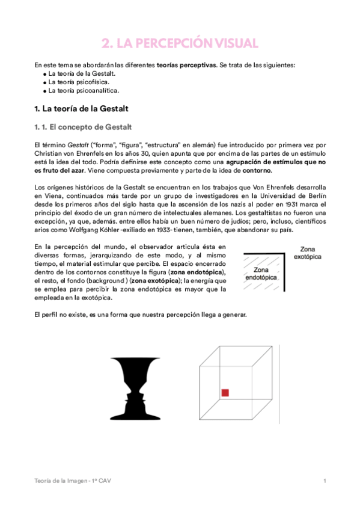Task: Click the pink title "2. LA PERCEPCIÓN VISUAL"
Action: point(180,43)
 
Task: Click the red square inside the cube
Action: point(225,393)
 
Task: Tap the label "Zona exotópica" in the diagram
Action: point(308,253)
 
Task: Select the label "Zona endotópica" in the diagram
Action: point(260,274)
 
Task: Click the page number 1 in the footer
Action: point(325,481)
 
